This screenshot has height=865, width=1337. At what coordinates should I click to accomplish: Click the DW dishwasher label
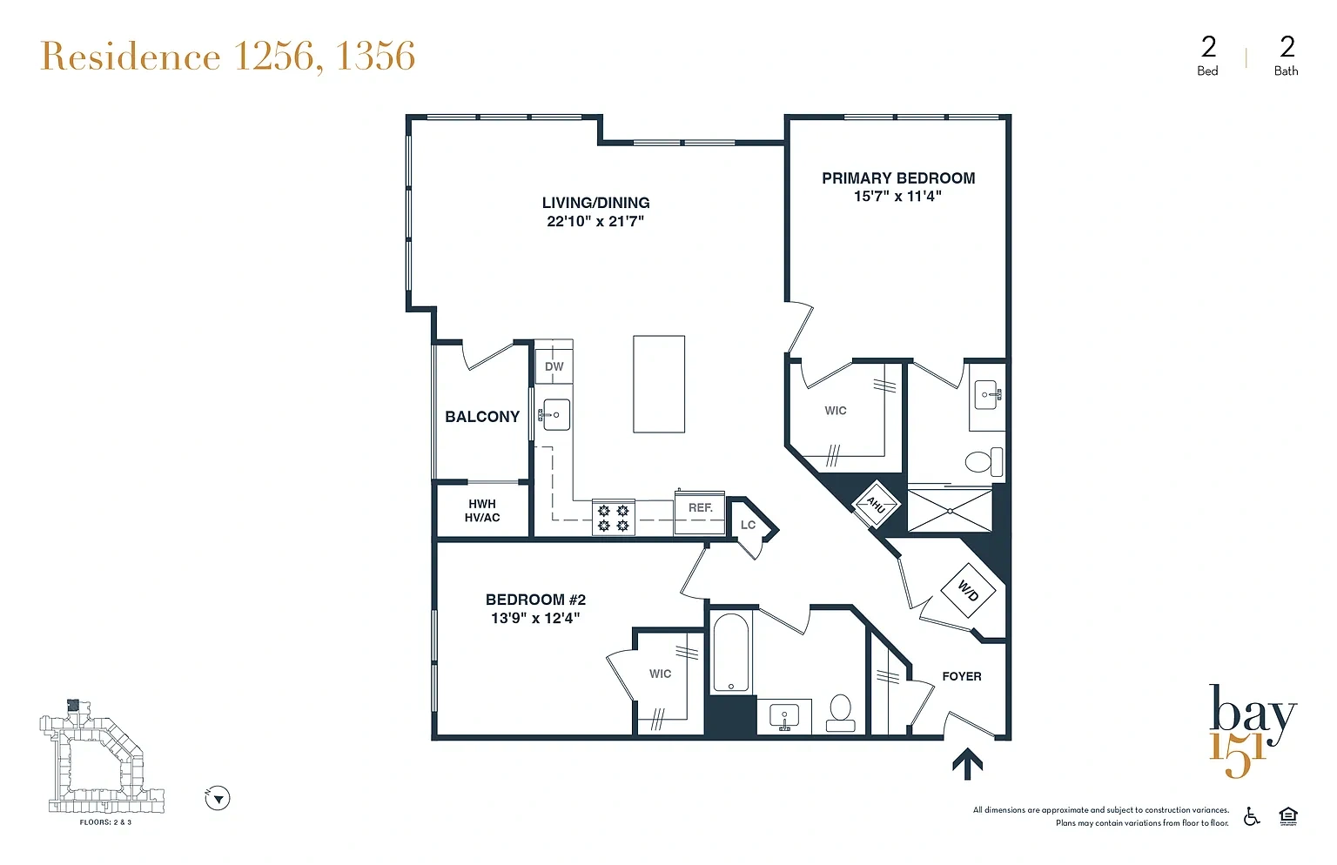tap(554, 366)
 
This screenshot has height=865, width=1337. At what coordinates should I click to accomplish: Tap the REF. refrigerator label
tap(700, 507)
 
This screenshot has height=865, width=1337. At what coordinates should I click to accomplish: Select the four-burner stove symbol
tap(614, 518)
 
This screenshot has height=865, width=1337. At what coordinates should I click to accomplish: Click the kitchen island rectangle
tap(659, 384)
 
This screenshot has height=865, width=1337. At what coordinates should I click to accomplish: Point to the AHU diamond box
tap(876, 505)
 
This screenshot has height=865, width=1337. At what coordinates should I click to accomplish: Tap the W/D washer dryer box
tap(968, 591)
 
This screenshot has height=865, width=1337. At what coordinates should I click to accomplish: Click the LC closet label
tap(748, 525)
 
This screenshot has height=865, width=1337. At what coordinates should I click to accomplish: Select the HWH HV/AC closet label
tap(482, 511)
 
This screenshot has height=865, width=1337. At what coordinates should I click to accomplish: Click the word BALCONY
tap(482, 416)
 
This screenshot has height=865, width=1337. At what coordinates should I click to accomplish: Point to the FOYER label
tap(962, 676)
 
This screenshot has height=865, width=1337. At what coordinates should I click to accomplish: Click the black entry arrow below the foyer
tap(968, 764)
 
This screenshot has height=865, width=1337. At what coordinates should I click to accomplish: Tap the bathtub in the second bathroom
tap(730, 652)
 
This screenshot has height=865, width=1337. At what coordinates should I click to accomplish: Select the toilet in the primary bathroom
tap(984, 461)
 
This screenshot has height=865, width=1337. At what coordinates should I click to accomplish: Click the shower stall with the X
tap(950, 510)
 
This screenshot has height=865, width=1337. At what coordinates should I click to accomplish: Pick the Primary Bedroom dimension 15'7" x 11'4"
tap(897, 197)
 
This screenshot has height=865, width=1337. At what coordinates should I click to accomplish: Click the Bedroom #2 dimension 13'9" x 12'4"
tap(535, 618)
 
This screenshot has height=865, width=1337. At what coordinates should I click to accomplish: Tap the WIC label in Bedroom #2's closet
tap(660, 674)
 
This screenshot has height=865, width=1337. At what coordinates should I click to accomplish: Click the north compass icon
tap(218, 798)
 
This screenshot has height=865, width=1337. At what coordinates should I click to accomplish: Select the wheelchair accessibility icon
tap(1252, 816)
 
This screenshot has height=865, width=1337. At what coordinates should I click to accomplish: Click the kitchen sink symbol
tap(554, 414)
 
